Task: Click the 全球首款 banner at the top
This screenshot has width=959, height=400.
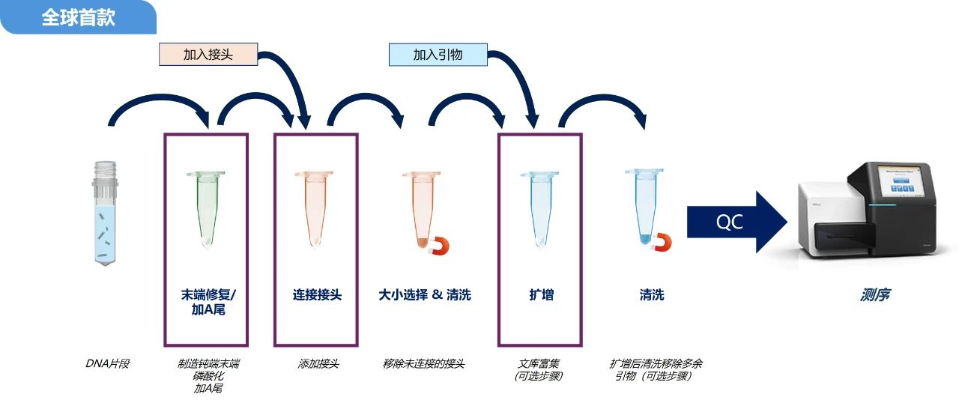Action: click(x=78, y=17)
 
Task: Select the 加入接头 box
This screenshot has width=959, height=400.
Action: click(x=208, y=55)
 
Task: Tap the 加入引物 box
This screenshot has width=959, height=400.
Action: click(x=438, y=55)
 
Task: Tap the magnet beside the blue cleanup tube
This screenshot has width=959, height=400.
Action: click(x=661, y=242)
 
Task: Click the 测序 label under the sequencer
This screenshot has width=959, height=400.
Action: click(x=875, y=295)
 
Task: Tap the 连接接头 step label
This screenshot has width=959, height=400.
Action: click(x=317, y=295)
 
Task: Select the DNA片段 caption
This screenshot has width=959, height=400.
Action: click(x=108, y=364)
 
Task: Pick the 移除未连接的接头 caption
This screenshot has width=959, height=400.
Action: click(x=423, y=364)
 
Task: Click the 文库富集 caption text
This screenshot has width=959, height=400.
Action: click(x=539, y=364)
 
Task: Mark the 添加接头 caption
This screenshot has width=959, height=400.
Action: click(x=318, y=364)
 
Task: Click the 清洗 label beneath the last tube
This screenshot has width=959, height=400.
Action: click(x=652, y=295)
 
